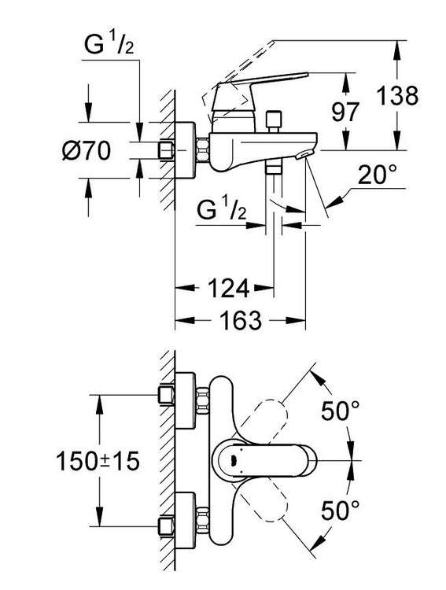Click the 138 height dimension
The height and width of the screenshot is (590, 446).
(397, 95)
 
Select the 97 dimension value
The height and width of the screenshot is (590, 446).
(345, 112)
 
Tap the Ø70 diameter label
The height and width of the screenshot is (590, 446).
(87, 150)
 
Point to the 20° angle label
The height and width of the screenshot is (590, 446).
(377, 175)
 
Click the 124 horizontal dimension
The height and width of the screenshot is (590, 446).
(228, 288)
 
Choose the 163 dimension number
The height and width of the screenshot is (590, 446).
(240, 321)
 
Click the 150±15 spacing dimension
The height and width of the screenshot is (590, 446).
(98, 460)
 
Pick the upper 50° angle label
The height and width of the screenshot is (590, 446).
(341, 411)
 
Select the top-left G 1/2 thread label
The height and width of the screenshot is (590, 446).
(109, 44)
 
